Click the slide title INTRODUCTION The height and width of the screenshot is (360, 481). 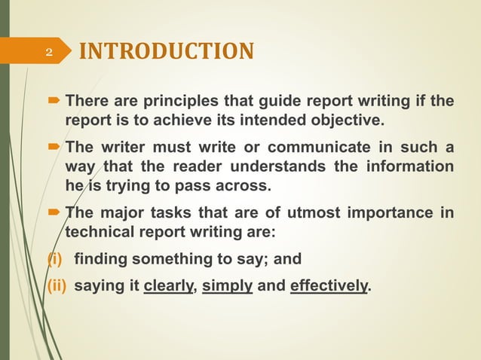coord(167,51)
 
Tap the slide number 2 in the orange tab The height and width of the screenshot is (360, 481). coord(49,52)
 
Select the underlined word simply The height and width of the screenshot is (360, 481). coord(225,286)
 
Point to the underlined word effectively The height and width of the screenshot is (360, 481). coord(329,286)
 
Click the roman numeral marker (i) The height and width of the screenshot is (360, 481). coord(55,260)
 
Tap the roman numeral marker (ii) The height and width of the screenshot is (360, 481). coord(57,286)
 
